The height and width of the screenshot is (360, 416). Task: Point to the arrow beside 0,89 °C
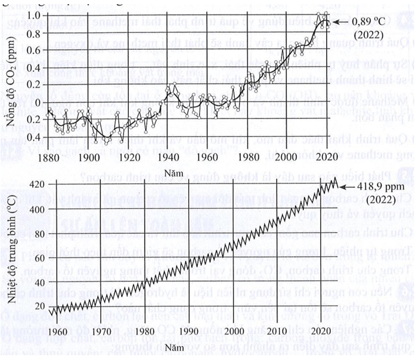[339, 22]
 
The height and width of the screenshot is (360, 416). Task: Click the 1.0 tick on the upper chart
[34, 14]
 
